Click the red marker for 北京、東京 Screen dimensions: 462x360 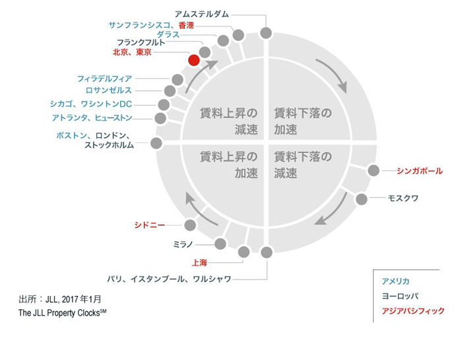(x=194, y=61)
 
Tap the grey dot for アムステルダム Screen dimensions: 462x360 (x=266, y=33)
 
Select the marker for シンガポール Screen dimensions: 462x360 (x=374, y=170)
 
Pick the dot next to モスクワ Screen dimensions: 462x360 (x=362, y=199)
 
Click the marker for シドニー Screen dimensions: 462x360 (x=190, y=225)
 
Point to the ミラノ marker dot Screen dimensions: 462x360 (x=220, y=244)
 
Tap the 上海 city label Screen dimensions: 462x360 (x=199, y=262)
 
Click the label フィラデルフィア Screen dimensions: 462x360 (x=104, y=78)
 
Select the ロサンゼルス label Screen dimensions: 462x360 (x=109, y=90)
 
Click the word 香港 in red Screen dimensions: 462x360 (x=186, y=25)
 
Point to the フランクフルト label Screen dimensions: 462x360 (x=141, y=42)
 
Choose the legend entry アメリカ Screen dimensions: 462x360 (x=395, y=281)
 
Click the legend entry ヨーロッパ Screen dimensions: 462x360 (x=400, y=296)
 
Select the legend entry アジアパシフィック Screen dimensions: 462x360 (x=413, y=311)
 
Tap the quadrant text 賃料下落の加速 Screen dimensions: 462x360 (x=303, y=121)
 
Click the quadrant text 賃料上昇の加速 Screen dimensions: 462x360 (x=229, y=165)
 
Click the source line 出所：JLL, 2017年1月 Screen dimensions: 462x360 (x=60, y=299)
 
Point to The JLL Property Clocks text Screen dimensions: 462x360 (x=63, y=313)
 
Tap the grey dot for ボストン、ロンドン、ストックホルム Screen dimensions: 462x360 (x=156, y=143)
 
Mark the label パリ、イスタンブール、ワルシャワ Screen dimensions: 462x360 (x=169, y=279)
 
